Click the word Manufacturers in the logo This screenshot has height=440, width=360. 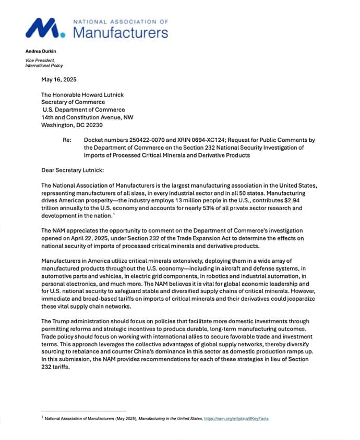120,32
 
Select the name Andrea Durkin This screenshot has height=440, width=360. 40,51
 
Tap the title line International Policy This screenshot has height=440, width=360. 45,66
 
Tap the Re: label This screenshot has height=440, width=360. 67,140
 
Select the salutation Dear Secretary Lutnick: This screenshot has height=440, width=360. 74,170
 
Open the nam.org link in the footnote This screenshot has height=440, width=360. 236,419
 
